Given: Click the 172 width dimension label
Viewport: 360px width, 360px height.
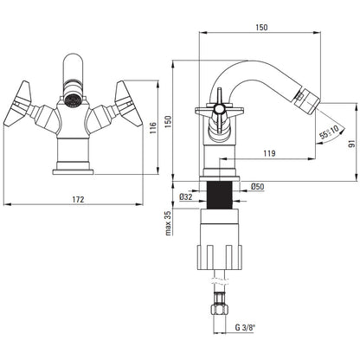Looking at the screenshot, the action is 78,199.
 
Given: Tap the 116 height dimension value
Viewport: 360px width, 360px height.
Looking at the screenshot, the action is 153,128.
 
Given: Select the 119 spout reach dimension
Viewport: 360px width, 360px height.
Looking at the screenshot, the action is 269,153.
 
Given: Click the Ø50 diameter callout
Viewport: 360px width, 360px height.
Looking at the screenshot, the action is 257,186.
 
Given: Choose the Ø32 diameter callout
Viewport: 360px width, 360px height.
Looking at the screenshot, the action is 186,197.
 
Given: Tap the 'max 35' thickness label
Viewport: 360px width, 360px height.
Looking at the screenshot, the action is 169,222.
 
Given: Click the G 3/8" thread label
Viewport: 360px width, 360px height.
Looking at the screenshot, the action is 245,327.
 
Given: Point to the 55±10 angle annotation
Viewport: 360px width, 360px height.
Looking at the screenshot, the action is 329,132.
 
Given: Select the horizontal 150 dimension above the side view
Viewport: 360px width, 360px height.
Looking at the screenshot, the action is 261,27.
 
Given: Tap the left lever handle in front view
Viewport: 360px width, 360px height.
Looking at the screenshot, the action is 18,104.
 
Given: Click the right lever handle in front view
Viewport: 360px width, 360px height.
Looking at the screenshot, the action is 128,104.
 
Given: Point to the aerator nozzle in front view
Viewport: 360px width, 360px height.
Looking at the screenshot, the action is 72,100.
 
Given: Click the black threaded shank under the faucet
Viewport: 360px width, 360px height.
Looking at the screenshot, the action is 220,195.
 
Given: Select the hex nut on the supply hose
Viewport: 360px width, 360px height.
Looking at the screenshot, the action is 220,310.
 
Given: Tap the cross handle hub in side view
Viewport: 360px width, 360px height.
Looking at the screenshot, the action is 219,109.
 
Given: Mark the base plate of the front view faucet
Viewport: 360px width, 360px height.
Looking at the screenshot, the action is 73,172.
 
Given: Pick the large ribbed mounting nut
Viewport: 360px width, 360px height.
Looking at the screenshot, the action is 220,257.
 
